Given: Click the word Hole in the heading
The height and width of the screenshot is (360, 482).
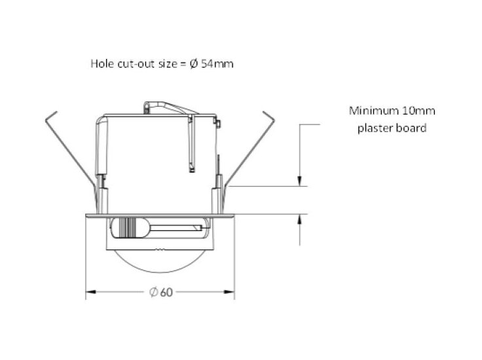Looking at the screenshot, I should (102, 64).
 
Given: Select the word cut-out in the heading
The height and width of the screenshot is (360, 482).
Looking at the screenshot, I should (134, 64).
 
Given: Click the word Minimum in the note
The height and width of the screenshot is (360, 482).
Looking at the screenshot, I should (371, 111).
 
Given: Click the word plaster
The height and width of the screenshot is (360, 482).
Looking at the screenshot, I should (374, 128).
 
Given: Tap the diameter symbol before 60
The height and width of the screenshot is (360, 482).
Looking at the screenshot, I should (153, 292).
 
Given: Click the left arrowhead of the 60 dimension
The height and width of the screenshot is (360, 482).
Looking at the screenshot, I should (90, 292).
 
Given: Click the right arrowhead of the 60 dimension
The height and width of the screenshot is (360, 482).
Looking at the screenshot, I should (231, 292).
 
